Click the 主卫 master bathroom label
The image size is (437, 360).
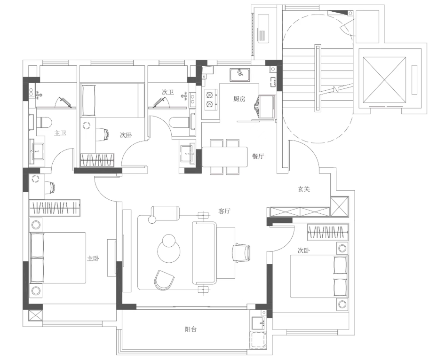[x=60, y=133]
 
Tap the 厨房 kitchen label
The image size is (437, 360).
[x=239, y=99]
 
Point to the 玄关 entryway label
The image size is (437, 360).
[x=303, y=189]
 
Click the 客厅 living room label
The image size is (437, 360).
[x=224, y=211]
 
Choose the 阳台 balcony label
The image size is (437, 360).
[x=191, y=329]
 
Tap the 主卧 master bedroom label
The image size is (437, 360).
[x=93, y=258]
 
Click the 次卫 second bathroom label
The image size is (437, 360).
[x=168, y=93]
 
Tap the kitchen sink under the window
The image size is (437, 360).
[x=240, y=74]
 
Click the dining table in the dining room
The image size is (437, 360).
[x=225, y=157]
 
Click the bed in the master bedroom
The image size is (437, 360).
[x=58, y=258]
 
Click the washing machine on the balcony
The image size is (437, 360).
[x=257, y=340]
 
